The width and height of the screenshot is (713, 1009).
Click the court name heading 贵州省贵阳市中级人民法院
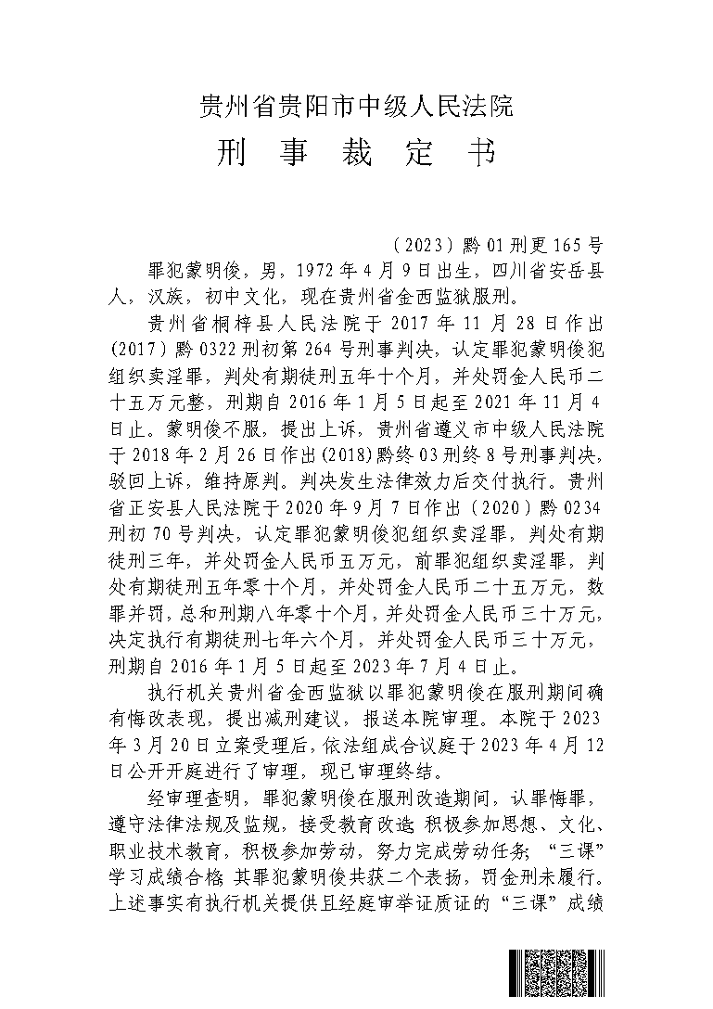357,107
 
